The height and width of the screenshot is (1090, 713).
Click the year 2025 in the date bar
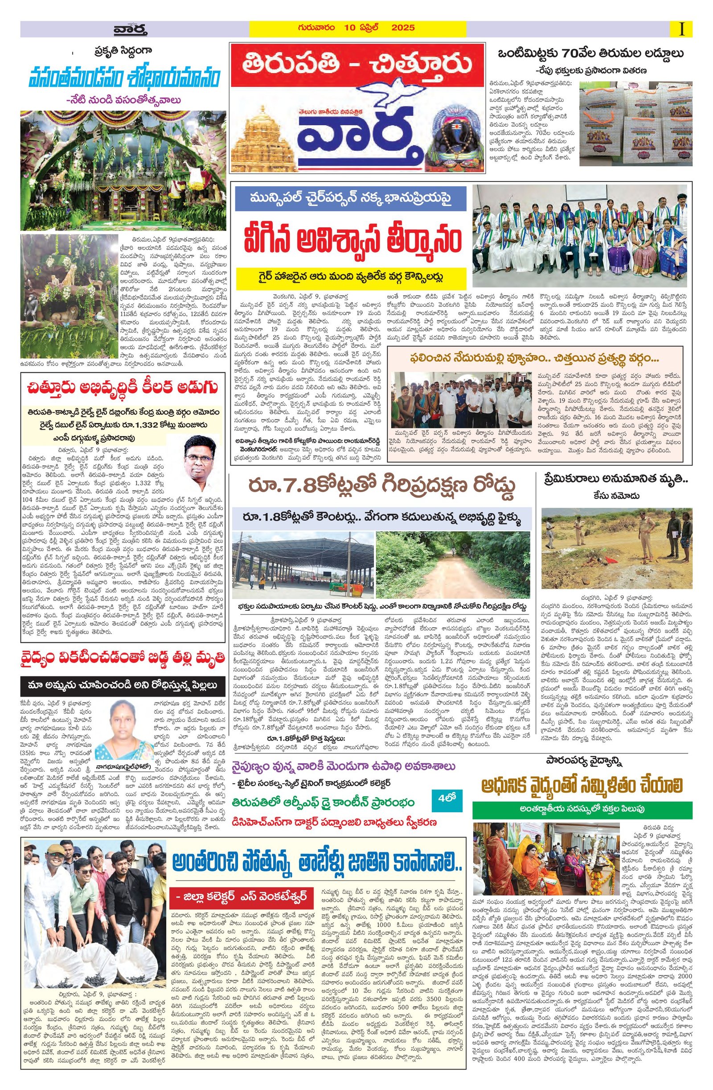(402, 28)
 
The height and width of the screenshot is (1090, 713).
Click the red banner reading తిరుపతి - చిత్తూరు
(357, 65)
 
